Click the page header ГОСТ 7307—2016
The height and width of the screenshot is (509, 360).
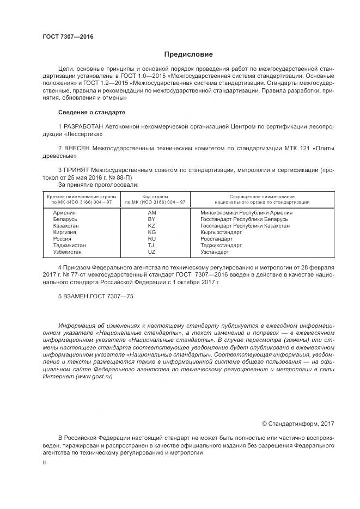pos(68,36)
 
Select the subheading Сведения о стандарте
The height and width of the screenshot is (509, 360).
pos(91,112)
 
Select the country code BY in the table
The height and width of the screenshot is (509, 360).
pos(152,219)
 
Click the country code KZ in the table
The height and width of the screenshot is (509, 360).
pos(152,225)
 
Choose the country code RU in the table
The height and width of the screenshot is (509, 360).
pos(152,238)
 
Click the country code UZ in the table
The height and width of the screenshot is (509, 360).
pos(152,252)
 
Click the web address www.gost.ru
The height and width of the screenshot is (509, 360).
pos(97,377)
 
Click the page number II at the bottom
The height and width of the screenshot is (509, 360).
pos(45,462)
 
